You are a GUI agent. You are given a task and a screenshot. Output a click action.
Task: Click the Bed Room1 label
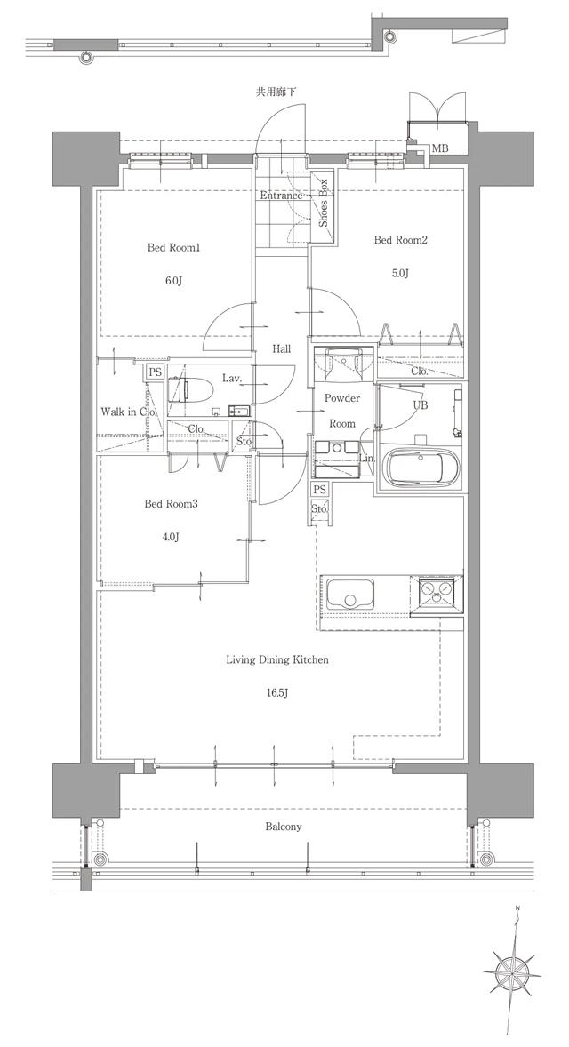click(x=173, y=248)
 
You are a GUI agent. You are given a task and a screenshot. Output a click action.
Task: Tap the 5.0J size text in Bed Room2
click(x=400, y=273)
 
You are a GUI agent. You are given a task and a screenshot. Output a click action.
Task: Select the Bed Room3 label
click(x=171, y=504)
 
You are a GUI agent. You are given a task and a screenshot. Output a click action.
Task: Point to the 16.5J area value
click(x=276, y=692)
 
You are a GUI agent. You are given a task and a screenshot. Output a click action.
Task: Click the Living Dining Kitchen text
click(x=277, y=659)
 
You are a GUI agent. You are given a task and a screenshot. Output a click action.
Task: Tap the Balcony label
click(x=284, y=827)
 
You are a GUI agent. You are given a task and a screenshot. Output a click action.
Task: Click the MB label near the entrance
click(x=439, y=148)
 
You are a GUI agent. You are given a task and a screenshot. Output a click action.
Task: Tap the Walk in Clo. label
click(x=129, y=412)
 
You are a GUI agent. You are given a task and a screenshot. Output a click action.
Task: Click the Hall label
click(x=281, y=349)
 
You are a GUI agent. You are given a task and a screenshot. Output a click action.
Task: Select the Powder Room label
click(x=341, y=411)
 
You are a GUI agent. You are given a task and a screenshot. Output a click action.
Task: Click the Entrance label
click(x=281, y=196)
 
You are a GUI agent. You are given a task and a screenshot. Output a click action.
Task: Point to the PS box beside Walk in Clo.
click(x=155, y=372)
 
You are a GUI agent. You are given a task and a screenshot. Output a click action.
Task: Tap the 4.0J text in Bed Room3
click(x=171, y=537)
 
